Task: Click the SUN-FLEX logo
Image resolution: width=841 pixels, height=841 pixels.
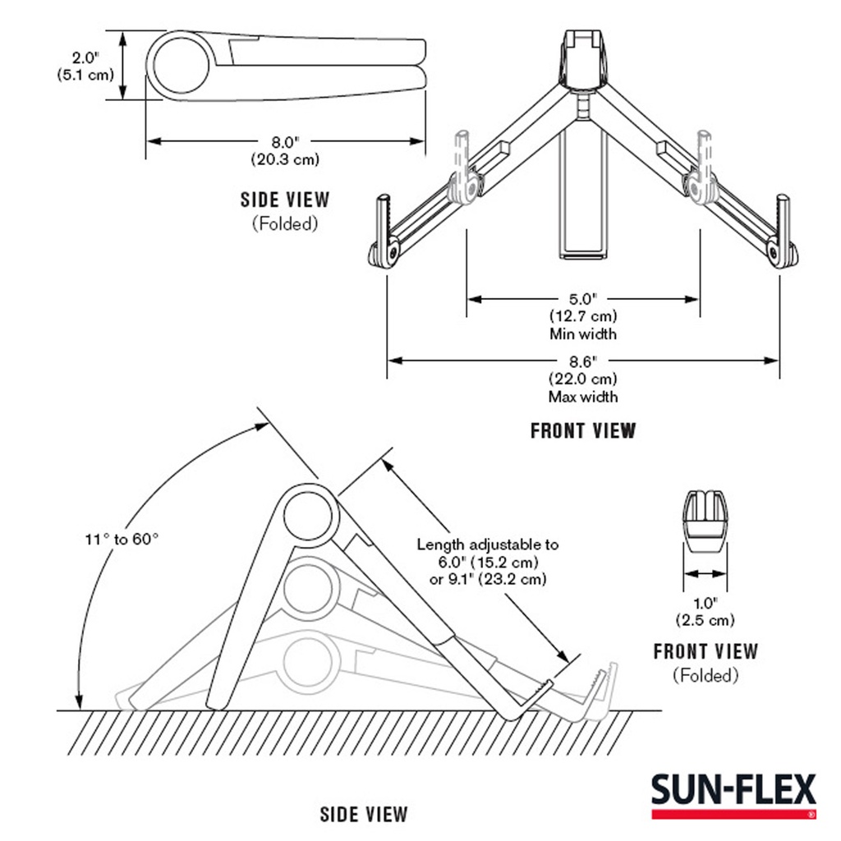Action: [x=734, y=793]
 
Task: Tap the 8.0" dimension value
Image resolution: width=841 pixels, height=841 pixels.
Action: [x=284, y=141]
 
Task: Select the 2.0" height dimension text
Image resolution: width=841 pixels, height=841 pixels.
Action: [x=85, y=58]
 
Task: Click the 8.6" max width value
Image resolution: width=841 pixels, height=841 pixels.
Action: [x=582, y=360]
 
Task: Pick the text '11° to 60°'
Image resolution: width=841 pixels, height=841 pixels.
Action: [x=122, y=539]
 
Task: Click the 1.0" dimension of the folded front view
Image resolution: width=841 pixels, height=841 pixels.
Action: [x=704, y=600]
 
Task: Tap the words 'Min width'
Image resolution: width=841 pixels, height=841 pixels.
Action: [x=582, y=334]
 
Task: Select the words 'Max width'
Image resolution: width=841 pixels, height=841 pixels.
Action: [x=582, y=397]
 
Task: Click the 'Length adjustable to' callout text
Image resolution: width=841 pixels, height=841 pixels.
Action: [x=487, y=544]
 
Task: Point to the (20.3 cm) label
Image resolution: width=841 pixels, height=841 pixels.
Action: [x=284, y=160]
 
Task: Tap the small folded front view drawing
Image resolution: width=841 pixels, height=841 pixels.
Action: [x=705, y=522]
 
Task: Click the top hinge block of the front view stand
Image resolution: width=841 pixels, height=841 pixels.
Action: [x=586, y=57]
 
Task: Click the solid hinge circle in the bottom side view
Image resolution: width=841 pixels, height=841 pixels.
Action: [x=311, y=512]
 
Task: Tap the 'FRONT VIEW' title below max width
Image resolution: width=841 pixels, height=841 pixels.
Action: [x=582, y=430]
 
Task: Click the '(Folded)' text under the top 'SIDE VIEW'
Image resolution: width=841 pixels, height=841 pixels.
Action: [x=284, y=223]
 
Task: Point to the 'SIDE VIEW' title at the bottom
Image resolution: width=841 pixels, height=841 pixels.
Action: [x=363, y=815]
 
